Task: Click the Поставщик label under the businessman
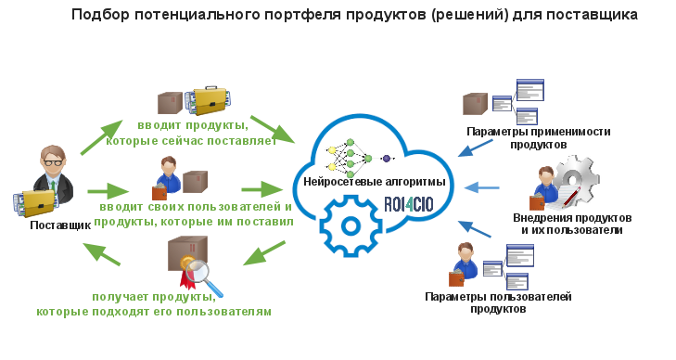click(x=60, y=225)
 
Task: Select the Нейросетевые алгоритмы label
click(x=375, y=182)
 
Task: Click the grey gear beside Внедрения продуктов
click(x=578, y=178)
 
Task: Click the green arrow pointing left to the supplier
click(x=102, y=251)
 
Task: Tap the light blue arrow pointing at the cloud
click(x=483, y=188)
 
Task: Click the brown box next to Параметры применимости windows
click(x=475, y=103)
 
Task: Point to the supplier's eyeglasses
click(x=51, y=162)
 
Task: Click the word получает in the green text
click(x=124, y=297)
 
